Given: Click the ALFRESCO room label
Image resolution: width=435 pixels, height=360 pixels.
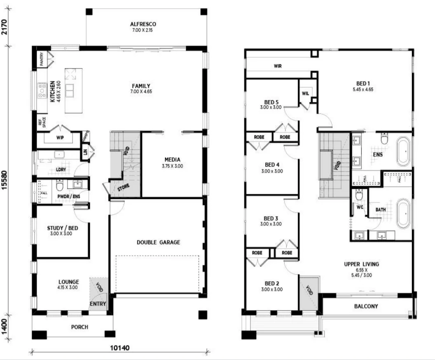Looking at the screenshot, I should [x=143, y=24].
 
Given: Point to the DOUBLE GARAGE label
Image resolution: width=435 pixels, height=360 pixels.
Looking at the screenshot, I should [x=158, y=242].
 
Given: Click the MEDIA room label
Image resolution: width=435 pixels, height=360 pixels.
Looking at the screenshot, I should [x=172, y=160].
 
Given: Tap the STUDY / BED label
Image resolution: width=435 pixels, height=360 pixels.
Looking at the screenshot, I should [x=63, y=228].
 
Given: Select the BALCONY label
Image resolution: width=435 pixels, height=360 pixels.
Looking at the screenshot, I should [x=366, y=306].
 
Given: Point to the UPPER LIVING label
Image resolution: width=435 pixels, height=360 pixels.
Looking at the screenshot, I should [x=362, y=264].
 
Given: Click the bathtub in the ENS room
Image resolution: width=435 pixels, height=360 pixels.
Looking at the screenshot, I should [x=403, y=151].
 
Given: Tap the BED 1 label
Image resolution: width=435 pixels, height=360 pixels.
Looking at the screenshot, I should [x=363, y=83].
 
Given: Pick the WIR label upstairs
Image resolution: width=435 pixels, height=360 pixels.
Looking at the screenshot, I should [x=278, y=66].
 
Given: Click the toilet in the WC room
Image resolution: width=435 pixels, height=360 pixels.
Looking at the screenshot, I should [x=359, y=194].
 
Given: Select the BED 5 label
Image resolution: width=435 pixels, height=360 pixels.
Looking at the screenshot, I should [x=271, y=102].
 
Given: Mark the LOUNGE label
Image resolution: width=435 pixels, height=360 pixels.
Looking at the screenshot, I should [x=68, y=282].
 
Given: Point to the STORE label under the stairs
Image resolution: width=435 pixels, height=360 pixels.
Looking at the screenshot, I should [x=124, y=186].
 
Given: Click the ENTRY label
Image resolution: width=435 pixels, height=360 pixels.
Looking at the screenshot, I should [x=98, y=304].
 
